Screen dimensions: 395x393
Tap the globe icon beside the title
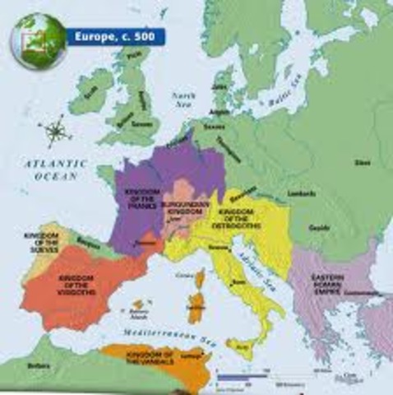[38, 40]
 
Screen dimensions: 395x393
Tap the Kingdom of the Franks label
[141, 197]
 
